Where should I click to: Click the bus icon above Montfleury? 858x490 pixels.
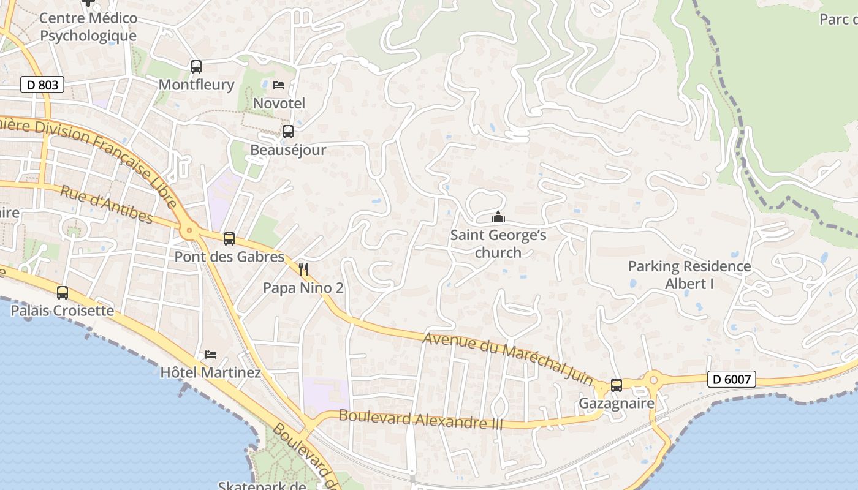(x=196, y=66)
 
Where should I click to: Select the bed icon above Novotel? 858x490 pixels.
(x=279, y=85)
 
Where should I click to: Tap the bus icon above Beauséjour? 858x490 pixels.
(x=287, y=131)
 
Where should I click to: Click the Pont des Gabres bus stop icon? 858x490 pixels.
(x=229, y=239)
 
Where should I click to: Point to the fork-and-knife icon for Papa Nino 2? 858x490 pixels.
(x=303, y=269)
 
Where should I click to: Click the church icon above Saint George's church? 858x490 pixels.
(x=498, y=217)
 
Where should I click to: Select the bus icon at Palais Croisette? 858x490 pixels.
(x=63, y=293)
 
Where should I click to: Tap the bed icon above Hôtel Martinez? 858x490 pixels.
(x=211, y=355)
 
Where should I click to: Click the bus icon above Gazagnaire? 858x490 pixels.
(x=617, y=385)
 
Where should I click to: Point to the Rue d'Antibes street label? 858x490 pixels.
(x=106, y=204)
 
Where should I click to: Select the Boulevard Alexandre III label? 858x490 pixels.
(x=420, y=420)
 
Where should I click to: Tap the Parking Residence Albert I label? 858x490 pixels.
(x=689, y=275)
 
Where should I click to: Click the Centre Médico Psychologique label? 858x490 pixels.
(x=88, y=27)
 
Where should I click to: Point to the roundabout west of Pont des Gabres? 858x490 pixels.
(x=189, y=232)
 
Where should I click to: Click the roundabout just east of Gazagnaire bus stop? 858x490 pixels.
(x=653, y=380)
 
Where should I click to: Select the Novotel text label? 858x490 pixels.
(x=279, y=103)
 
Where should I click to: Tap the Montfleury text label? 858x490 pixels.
(x=196, y=85)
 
